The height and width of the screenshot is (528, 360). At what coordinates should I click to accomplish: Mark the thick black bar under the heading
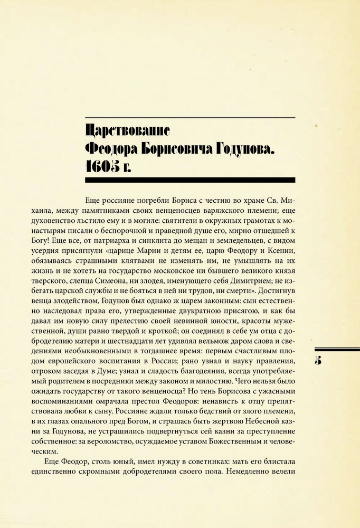coord(190,180)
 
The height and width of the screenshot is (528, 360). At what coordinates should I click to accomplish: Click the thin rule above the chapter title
coord(190,117)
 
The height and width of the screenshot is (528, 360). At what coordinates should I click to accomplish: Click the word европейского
coord(106,361)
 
